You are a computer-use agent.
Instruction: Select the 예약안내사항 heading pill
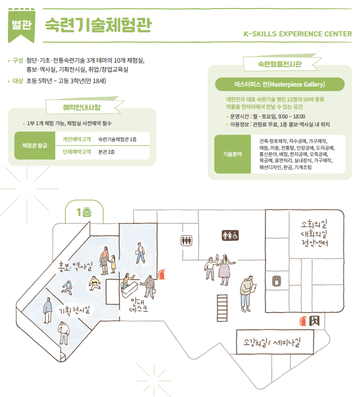click(x=83, y=107)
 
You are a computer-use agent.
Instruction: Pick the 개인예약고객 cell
click(x=77, y=139)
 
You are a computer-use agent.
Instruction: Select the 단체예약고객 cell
click(x=77, y=152)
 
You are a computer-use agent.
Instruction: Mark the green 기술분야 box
click(x=232, y=153)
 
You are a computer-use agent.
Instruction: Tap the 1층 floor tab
click(x=83, y=213)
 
